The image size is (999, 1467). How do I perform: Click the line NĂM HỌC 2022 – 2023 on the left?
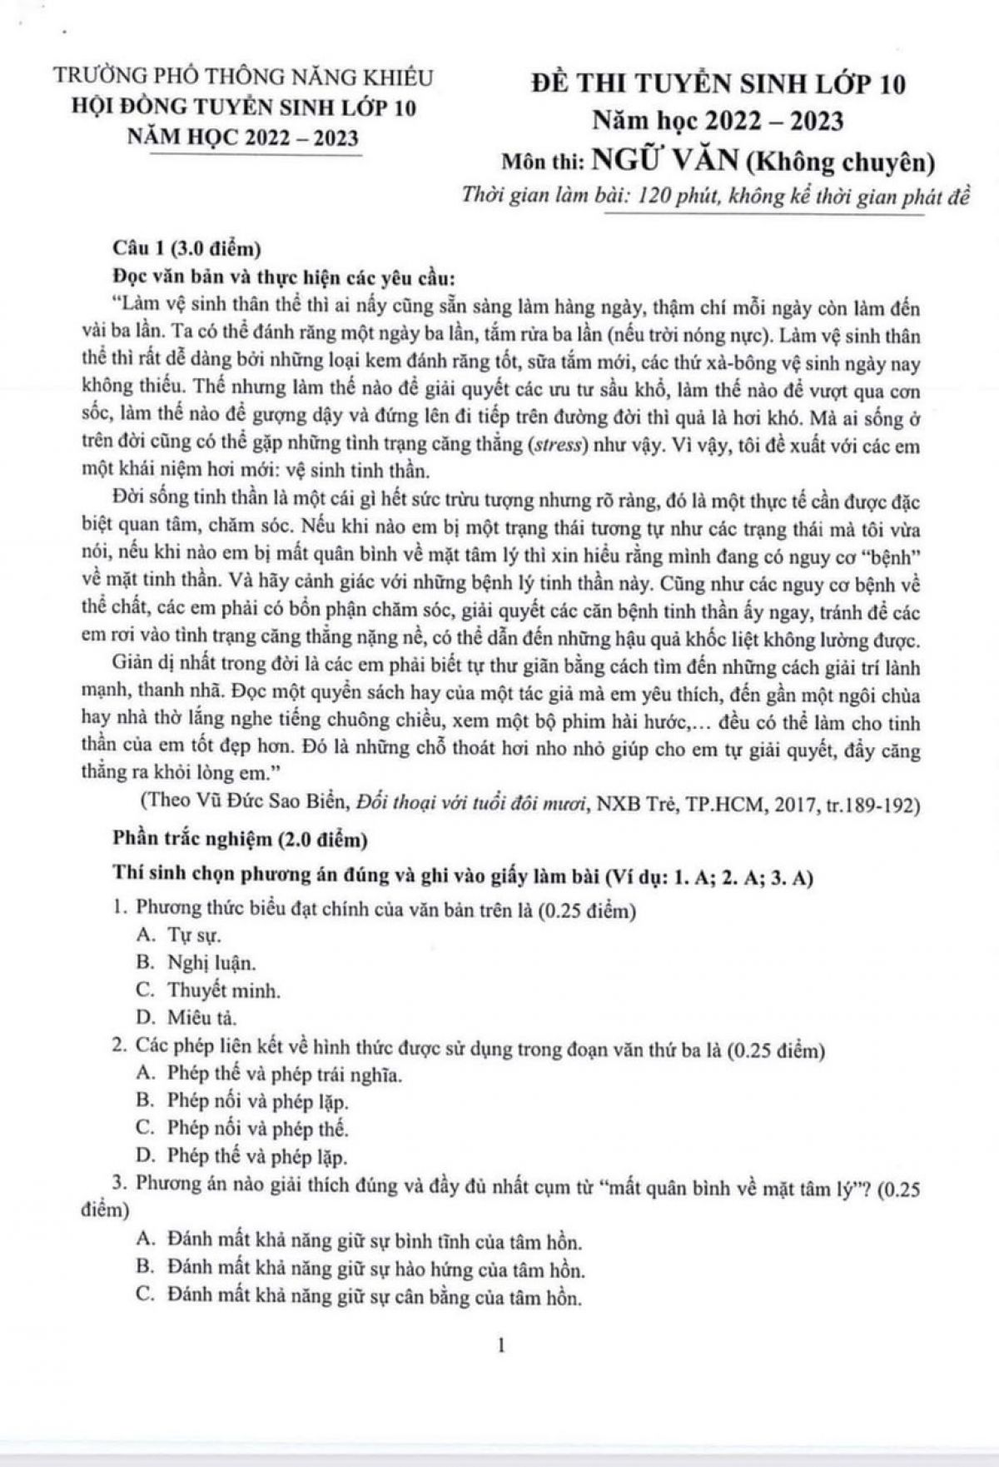point(242,137)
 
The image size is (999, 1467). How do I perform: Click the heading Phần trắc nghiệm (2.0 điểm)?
point(240,840)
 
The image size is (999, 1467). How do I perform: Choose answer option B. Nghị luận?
point(196,963)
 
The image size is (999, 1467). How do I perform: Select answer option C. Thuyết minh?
point(208,990)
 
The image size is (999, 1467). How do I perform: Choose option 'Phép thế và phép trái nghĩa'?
point(270,1074)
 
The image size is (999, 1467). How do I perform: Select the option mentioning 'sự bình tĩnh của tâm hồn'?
point(358,1241)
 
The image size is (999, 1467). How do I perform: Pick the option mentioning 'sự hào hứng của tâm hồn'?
point(360,1270)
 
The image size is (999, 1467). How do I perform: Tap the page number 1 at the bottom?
point(500,1345)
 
